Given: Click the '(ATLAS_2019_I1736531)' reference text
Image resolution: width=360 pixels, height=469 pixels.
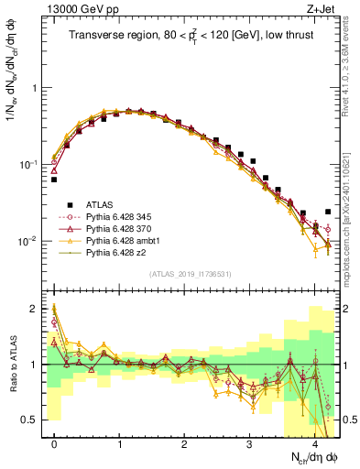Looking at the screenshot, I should coord(191,274).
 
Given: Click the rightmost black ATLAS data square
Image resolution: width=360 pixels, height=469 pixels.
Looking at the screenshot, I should coord(328,212).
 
